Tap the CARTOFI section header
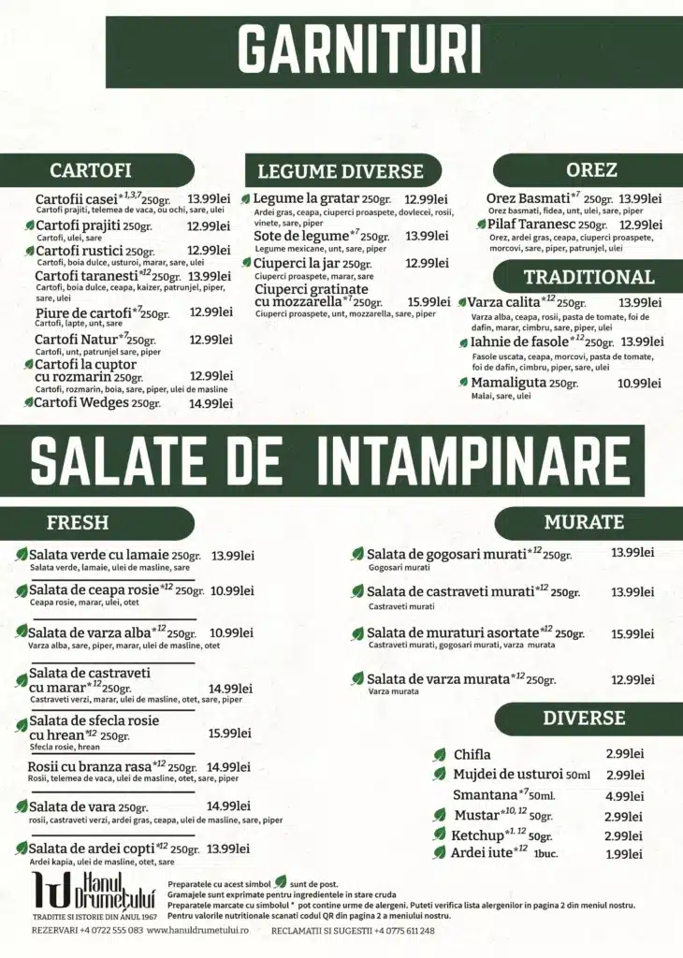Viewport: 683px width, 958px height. [90, 170]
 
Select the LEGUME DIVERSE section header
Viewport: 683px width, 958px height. [341, 171]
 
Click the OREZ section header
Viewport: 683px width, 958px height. [591, 169]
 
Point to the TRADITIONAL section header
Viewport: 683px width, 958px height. [589, 277]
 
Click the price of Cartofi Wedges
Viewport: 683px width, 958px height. [211, 403]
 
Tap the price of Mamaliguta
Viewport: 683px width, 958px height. [639, 384]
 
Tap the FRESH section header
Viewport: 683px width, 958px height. [78, 522]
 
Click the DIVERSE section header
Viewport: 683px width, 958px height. [583, 718]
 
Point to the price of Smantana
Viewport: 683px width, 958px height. [624, 796]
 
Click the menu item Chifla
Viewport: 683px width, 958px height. [472, 755]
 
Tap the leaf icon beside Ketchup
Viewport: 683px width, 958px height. [440, 835]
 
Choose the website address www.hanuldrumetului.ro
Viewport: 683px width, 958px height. [205, 931]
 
